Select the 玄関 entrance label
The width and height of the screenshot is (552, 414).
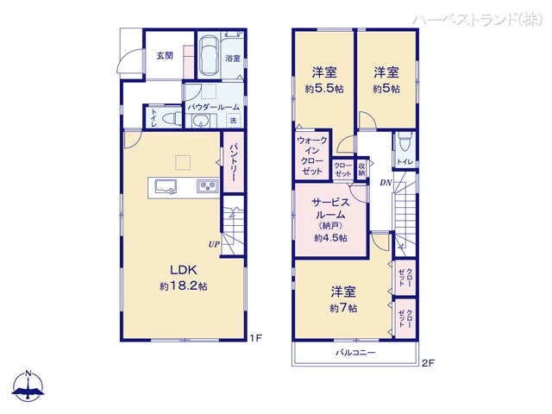click(x=165, y=55)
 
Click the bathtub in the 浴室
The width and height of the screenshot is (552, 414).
click(x=208, y=57)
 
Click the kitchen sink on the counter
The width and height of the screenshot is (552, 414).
click(x=165, y=185)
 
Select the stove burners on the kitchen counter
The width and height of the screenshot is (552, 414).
click(x=208, y=185)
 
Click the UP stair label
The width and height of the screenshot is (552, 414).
click(x=212, y=243)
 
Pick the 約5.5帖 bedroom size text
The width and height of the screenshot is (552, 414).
click(x=323, y=89)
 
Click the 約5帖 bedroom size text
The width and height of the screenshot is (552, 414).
click(x=386, y=89)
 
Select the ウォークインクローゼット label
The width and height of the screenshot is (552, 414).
click(x=310, y=156)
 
